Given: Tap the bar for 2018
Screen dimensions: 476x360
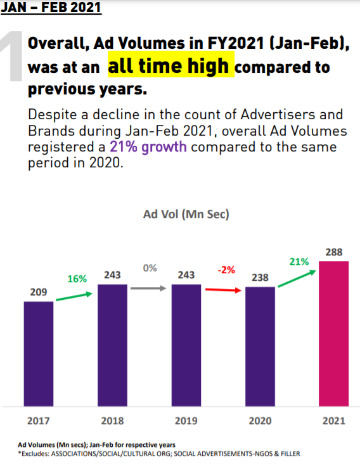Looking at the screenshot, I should tap(112, 345).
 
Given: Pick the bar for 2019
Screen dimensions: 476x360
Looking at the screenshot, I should tap(186, 345).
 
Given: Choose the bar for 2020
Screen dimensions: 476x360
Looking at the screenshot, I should tap(260, 347).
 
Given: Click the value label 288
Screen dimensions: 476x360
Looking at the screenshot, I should tap(334, 252).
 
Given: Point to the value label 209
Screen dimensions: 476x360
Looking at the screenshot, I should tap(39, 292).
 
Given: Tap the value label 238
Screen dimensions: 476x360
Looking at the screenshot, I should tap(260, 278).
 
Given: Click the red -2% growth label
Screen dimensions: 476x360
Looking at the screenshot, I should tap(226, 269).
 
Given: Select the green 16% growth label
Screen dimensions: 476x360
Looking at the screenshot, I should tap(77, 279).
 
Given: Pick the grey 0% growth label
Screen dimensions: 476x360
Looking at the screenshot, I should tap(150, 268).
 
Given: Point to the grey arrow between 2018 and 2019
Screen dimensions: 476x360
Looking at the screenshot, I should tap(149, 288).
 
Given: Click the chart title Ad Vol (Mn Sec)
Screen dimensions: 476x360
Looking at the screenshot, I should tap(186, 214).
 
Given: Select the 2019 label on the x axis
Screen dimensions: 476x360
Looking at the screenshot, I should tap(186, 421).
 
